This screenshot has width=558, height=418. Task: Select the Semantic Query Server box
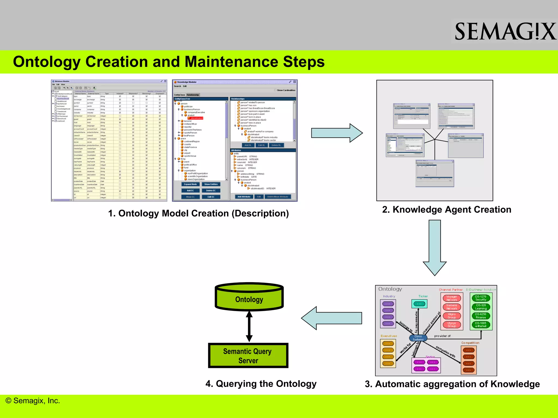coord(248,356)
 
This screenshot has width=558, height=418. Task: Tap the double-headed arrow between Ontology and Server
coord(249,327)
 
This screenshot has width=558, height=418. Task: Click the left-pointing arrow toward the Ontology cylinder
coord(331,318)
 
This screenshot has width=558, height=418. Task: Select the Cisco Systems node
coord(418,338)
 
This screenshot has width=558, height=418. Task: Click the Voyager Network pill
coord(452,298)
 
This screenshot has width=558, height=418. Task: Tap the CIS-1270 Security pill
coord(481,298)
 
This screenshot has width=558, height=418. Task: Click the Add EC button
coord(190,190)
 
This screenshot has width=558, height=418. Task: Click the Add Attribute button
coord(244,197)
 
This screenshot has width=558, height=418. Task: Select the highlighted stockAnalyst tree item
coord(196,118)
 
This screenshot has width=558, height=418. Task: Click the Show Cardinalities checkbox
coord(275,90)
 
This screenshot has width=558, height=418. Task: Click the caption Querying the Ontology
coord(261,384)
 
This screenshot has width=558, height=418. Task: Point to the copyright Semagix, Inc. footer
coord(33,401)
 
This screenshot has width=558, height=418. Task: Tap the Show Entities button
coord(211,184)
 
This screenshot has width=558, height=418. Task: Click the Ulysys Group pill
coord(452,325)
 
